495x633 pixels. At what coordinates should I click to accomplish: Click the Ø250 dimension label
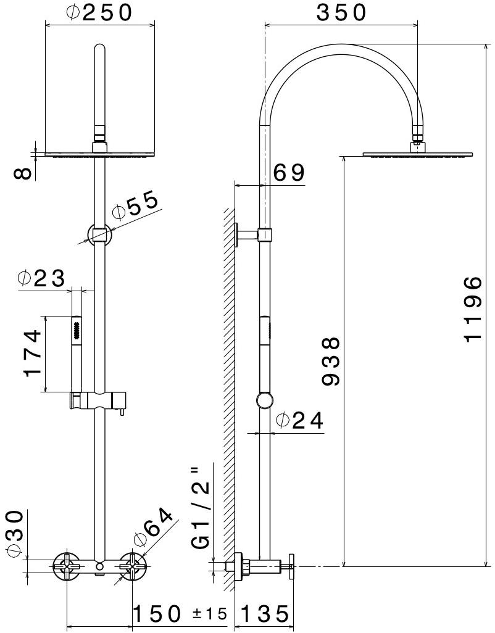pyautogui.click(x=99, y=12)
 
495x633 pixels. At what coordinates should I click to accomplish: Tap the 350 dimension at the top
pyautogui.click(x=341, y=12)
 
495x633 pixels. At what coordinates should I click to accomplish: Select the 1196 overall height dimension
pyautogui.click(x=472, y=309)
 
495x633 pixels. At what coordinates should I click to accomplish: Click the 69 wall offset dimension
pyautogui.click(x=288, y=173)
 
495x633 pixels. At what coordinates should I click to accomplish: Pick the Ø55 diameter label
pyautogui.click(x=135, y=206)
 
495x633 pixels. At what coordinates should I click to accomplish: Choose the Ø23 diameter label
pyautogui.click(x=41, y=278)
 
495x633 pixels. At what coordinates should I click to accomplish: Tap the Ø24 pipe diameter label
pyautogui.click(x=299, y=421)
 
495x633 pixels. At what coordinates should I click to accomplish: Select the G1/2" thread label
pyautogui.click(x=201, y=508)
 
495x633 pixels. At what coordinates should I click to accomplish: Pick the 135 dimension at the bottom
pyautogui.click(x=265, y=614)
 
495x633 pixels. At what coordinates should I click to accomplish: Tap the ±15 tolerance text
pyautogui.click(x=210, y=614)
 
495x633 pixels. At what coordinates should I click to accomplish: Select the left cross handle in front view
pyautogui.click(x=66, y=566)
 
